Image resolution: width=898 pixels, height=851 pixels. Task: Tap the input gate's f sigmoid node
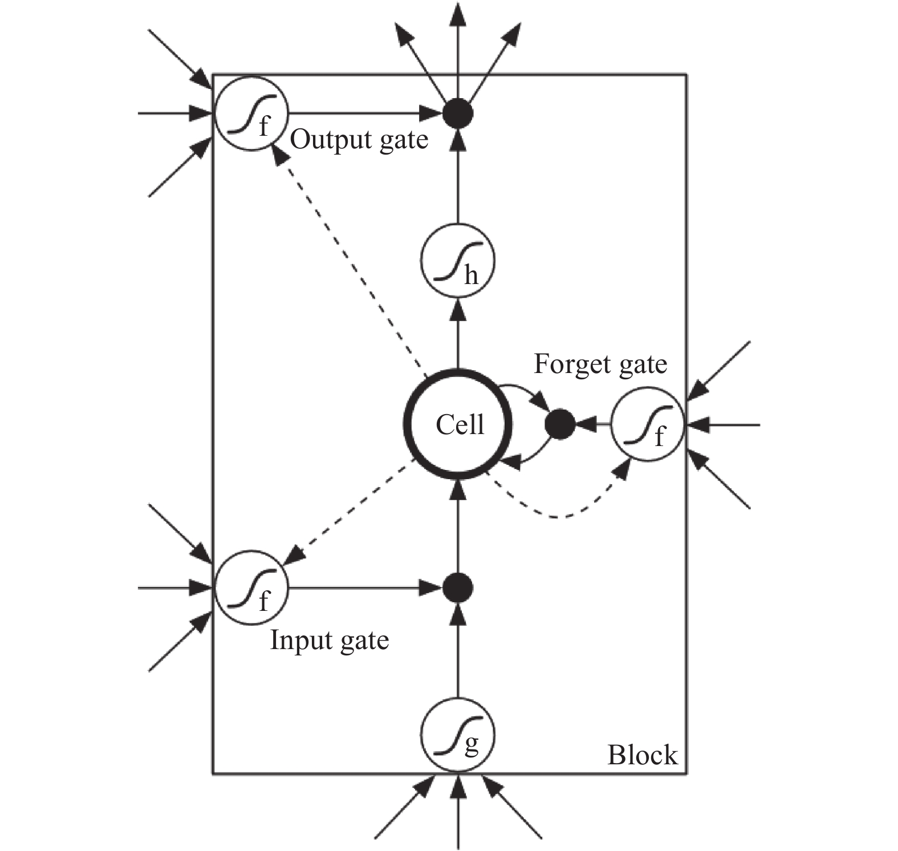tap(251, 587)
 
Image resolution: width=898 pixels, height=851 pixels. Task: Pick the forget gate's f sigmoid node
tap(648, 424)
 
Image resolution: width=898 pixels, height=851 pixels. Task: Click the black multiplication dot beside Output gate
tap(458, 113)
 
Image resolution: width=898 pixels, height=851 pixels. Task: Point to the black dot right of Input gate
tap(458, 587)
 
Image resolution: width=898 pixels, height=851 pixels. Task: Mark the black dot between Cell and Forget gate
tap(560, 424)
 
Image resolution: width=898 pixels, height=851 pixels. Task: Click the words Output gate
tap(359, 140)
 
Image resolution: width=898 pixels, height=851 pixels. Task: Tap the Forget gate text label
tap(600, 364)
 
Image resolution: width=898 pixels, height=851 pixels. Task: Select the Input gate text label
tap(329, 640)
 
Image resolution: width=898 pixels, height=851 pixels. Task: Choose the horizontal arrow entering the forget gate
tap(723, 424)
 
